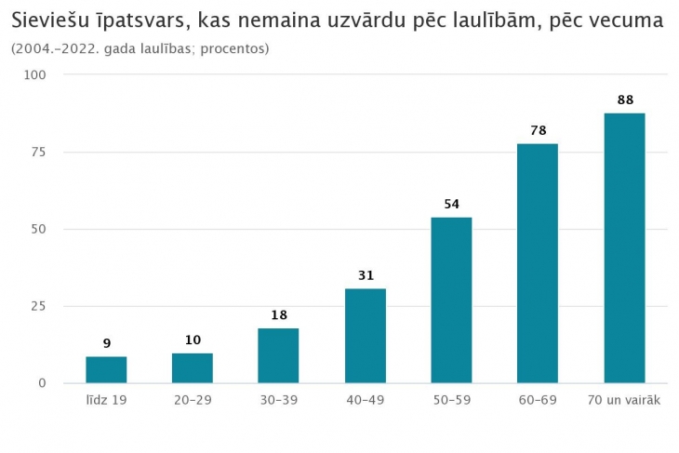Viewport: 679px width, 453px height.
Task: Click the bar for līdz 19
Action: point(106,369)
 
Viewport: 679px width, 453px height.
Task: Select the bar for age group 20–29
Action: point(193,367)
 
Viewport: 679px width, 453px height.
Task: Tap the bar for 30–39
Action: point(278,355)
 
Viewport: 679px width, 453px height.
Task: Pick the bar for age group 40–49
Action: point(365,336)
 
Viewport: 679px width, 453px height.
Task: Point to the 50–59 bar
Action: point(451,300)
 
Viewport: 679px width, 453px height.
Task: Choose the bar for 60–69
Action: point(538,263)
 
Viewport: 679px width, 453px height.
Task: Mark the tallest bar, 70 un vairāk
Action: point(624,247)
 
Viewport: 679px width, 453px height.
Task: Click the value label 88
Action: point(624,100)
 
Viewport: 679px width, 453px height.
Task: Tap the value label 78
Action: point(538,130)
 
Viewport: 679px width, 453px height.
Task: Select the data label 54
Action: point(451,204)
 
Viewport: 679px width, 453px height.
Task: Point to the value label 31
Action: point(365,275)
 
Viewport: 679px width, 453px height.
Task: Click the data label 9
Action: point(106,343)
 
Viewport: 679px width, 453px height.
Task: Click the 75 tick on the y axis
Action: point(40,152)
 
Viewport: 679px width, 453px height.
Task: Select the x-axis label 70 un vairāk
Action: point(624,400)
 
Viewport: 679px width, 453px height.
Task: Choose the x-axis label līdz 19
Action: point(106,400)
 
